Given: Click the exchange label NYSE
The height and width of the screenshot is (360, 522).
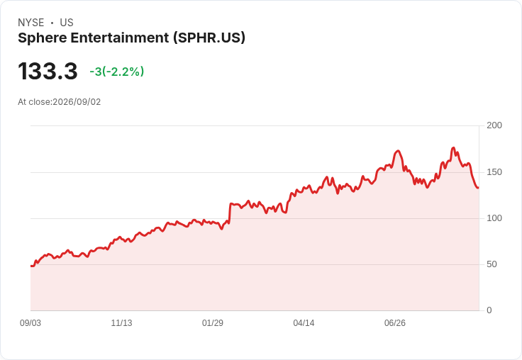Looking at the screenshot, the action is (x=31, y=23).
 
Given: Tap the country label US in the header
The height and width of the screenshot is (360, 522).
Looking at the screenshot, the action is (x=67, y=23).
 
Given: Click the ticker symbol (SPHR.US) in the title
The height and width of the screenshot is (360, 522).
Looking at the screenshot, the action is (x=209, y=38).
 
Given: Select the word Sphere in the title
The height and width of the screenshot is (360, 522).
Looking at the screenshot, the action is (x=43, y=38).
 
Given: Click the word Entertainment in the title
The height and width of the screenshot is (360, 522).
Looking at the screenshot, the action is (x=120, y=38).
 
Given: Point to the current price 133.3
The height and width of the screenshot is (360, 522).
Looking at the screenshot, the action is (x=48, y=71).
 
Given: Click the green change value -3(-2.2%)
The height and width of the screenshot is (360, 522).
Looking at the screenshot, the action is (x=117, y=72).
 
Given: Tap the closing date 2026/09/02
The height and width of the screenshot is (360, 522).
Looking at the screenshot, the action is (x=77, y=102).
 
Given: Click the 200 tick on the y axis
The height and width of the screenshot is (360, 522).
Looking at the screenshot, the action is (x=494, y=125).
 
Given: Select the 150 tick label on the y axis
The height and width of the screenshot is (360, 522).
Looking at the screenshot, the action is (x=494, y=172).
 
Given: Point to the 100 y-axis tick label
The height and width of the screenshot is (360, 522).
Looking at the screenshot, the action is (x=494, y=218).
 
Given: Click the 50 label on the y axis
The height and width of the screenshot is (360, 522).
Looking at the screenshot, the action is (x=492, y=264).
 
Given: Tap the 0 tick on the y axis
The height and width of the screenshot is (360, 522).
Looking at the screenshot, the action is (x=489, y=310).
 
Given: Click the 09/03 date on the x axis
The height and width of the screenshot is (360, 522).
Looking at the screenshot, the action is (x=30, y=323).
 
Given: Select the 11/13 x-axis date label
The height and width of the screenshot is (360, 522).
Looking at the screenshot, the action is (x=121, y=323).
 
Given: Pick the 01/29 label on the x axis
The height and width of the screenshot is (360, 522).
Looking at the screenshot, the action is (x=212, y=323).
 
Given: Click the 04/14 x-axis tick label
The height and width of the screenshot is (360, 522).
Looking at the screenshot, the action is (x=304, y=323).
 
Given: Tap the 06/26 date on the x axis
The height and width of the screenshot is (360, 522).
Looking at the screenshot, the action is (x=395, y=323).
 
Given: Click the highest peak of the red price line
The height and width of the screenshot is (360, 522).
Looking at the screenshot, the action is (x=453, y=147).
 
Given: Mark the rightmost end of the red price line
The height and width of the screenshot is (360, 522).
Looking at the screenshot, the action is (x=479, y=188).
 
